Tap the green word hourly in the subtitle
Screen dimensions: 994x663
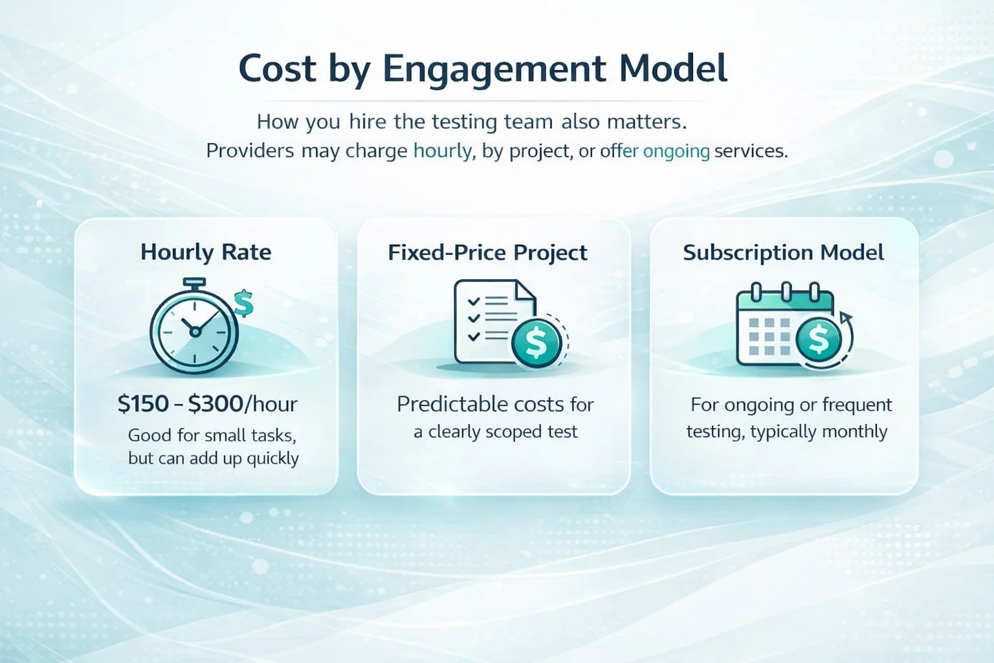[443, 151]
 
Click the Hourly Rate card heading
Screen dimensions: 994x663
[206, 253]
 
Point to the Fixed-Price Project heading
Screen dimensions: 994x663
[488, 253]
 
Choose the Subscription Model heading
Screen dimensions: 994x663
[783, 253]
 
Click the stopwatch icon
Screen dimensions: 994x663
[194, 326]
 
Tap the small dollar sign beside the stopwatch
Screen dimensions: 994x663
[243, 303]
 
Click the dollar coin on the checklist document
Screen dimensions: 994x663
[536, 343]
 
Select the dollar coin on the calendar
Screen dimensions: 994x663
[819, 340]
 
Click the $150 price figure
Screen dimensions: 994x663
[143, 404]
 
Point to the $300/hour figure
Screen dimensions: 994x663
[243, 404]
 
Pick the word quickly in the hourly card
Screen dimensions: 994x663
[273, 458]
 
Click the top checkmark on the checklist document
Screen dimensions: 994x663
[474, 302]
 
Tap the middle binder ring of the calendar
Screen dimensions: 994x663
[786, 291]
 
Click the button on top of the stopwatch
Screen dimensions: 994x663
[194, 282]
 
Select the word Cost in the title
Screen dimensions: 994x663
[278, 69]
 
